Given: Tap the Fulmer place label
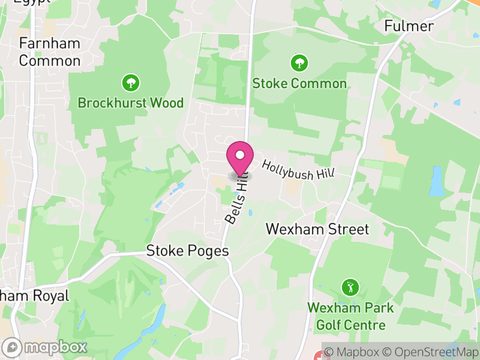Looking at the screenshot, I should click(409, 26).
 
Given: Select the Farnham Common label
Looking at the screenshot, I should click(50, 52).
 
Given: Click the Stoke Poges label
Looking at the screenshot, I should click(188, 251).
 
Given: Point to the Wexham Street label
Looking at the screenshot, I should click(317, 229).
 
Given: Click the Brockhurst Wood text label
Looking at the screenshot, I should click(131, 103).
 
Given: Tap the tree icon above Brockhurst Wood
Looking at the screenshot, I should click(130, 82).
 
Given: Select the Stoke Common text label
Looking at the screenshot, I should click(299, 83).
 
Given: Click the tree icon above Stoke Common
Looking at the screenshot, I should click(299, 62).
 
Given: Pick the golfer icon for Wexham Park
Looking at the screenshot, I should click(349, 287).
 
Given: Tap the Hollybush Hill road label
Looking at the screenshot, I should click(298, 167).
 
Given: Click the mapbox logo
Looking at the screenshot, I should click(46, 347).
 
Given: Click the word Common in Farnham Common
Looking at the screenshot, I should click(50, 61).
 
